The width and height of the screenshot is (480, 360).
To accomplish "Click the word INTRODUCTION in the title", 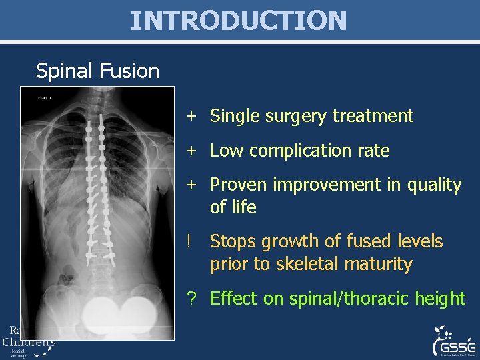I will click(x=239, y=20).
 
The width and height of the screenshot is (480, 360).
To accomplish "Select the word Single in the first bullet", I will click(x=233, y=116).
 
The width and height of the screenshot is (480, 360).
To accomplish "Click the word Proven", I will click(x=237, y=185).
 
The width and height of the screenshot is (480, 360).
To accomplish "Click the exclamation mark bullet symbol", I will click(x=191, y=241).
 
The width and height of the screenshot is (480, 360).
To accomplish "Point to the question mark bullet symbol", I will click(x=191, y=299).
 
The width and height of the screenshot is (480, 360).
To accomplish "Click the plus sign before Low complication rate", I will click(x=191, y=151).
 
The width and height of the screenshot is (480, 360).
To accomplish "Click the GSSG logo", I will click(x=455, y=342).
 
